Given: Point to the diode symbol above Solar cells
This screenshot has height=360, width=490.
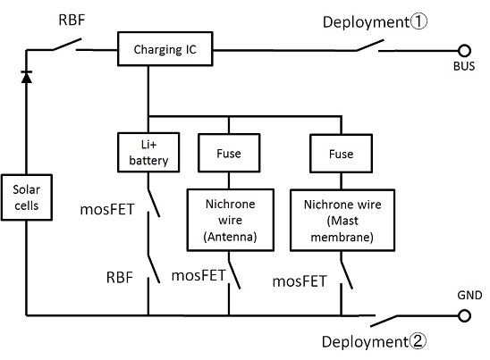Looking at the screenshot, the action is pyautogui.click(x=26, y=77).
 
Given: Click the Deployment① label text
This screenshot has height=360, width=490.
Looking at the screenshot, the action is pyautogui.click(x=375, y=22).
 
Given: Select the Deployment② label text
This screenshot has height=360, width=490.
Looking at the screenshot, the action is pyautogui.click(x=374, y=341).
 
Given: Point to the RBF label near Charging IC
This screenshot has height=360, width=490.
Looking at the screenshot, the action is pyautogui.click(x=72, y=20).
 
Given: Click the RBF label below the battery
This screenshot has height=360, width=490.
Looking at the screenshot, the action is pyautogui.click(x=120, y=277).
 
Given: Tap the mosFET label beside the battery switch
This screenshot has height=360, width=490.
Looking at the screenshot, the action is pyautogui.click(x=107, y=209).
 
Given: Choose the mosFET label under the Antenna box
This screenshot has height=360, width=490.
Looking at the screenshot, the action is pyautogui.click(x=199, y=275).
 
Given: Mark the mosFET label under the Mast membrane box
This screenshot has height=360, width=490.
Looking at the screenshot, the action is pyautogui.click(x=300, y=281).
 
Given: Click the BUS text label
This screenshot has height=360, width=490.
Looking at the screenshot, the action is pyautogui.click(x=464, y=66).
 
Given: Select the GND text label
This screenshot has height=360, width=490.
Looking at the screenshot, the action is pyautogui.click(x=469, y=295).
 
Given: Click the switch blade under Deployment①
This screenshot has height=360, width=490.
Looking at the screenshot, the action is pyautogui.click(x=370, y=45).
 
